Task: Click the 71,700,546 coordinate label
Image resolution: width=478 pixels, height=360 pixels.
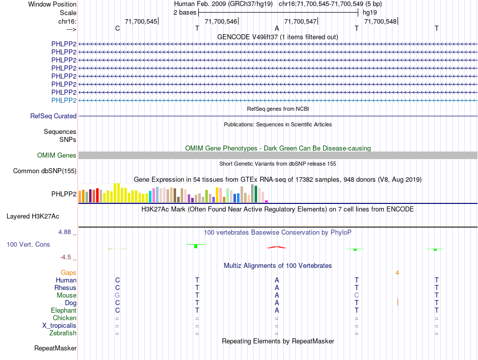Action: pos(221,21)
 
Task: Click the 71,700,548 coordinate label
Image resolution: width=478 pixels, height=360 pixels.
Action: pos(380,21)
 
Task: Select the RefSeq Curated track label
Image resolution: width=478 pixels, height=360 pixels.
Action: pos(53,116)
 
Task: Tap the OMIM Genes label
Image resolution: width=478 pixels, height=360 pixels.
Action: pos(57,156)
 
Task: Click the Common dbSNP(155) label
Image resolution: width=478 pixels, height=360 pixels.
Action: pos(45,171)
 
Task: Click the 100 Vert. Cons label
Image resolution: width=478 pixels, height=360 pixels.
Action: pos(28,244)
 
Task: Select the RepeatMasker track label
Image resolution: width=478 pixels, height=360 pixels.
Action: pos(55,348)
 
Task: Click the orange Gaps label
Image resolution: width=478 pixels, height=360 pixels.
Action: pos(69,272)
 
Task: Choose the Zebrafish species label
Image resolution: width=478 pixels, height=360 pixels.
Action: pos(63,333)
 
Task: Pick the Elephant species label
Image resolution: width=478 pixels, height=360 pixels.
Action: pos(64,311)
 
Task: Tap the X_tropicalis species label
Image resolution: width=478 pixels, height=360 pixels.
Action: pos(59,325)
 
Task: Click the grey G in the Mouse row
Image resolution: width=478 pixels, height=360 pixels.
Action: pos(117,295)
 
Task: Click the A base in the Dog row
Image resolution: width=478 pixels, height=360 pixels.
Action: pos(277,303)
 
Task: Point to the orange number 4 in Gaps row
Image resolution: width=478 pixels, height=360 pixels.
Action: pos(397,272)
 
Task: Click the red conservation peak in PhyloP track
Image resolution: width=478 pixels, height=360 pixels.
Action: pos(277,247)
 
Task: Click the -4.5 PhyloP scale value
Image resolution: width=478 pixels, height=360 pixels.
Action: pos(66,257)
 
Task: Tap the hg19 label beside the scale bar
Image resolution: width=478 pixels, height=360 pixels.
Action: pos(369,12)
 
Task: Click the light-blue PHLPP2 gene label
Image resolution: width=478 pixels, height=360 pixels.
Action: pos(64,100)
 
